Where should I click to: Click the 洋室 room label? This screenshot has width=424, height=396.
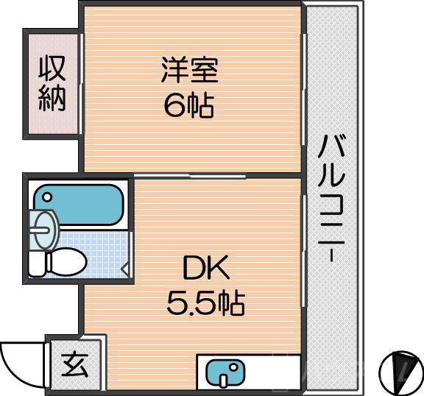(x=189, y=74)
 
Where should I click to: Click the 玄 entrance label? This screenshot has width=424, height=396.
(x=74, y=364)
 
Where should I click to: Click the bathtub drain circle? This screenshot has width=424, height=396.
(x=46, y=197)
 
